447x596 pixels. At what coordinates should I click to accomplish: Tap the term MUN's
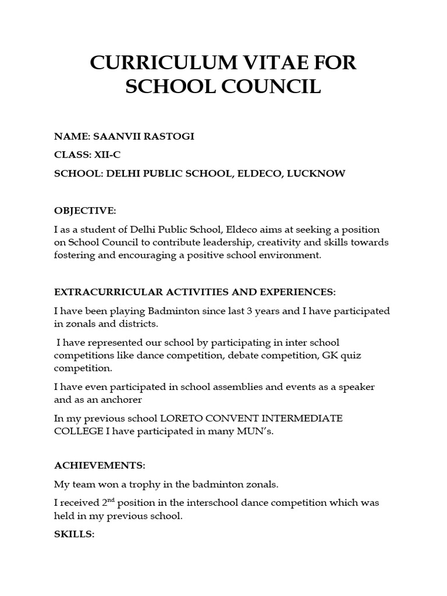point(255,431)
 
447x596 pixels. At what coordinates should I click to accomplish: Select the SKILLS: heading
point(74,534)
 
